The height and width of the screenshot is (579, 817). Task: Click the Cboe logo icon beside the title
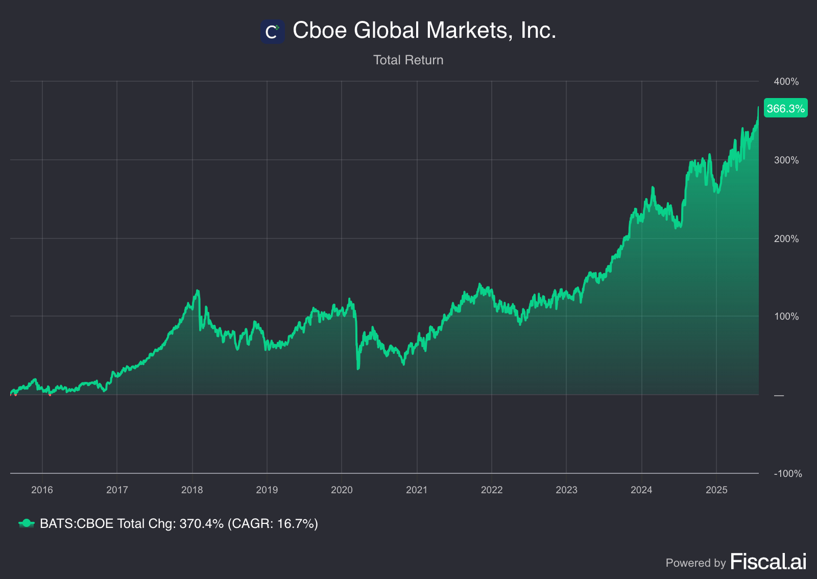tap(272, 32)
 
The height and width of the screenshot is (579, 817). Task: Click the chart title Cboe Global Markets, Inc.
tap(424, 31)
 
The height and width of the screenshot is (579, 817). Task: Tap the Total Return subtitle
tap(408, 60)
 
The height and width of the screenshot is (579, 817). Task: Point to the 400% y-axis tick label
tap(786, 82)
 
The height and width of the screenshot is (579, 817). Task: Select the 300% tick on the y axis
tap(786, 160)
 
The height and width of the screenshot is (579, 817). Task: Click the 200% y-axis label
tap(786, 239)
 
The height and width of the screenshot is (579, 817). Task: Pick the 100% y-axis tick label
tap(786, 317)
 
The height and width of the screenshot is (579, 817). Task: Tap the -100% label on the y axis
tap(787, 474)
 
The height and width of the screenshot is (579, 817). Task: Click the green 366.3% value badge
tap(785, 108)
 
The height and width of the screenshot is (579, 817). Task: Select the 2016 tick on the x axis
tap(42, 490)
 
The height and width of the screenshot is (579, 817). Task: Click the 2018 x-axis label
tap(192, 490)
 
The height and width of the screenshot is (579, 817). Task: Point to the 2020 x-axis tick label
tap(342, 490)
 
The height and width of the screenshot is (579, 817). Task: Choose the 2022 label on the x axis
tap(492, 490)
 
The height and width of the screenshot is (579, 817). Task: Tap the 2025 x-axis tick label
tap(716, 490)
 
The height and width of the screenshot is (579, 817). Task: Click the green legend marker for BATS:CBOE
tap(26, 523)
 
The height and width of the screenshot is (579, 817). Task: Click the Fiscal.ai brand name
tap(768, 562)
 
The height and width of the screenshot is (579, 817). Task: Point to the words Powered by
tap(695, 563)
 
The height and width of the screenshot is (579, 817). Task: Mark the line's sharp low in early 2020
tap(358, 368)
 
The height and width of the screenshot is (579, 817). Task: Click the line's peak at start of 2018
tap(197, 291)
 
